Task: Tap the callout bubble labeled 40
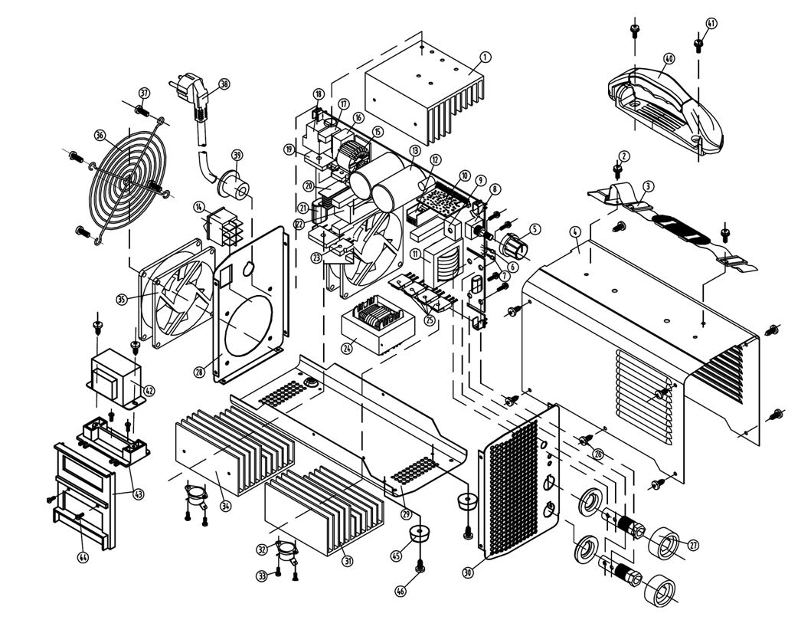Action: click(669, 58)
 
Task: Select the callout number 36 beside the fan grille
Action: click(100, 135)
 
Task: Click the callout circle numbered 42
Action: click(149, 390)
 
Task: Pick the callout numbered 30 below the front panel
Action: click(468, 572)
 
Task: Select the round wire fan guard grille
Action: click(126, 179)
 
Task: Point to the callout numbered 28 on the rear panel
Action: click(199, 372)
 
